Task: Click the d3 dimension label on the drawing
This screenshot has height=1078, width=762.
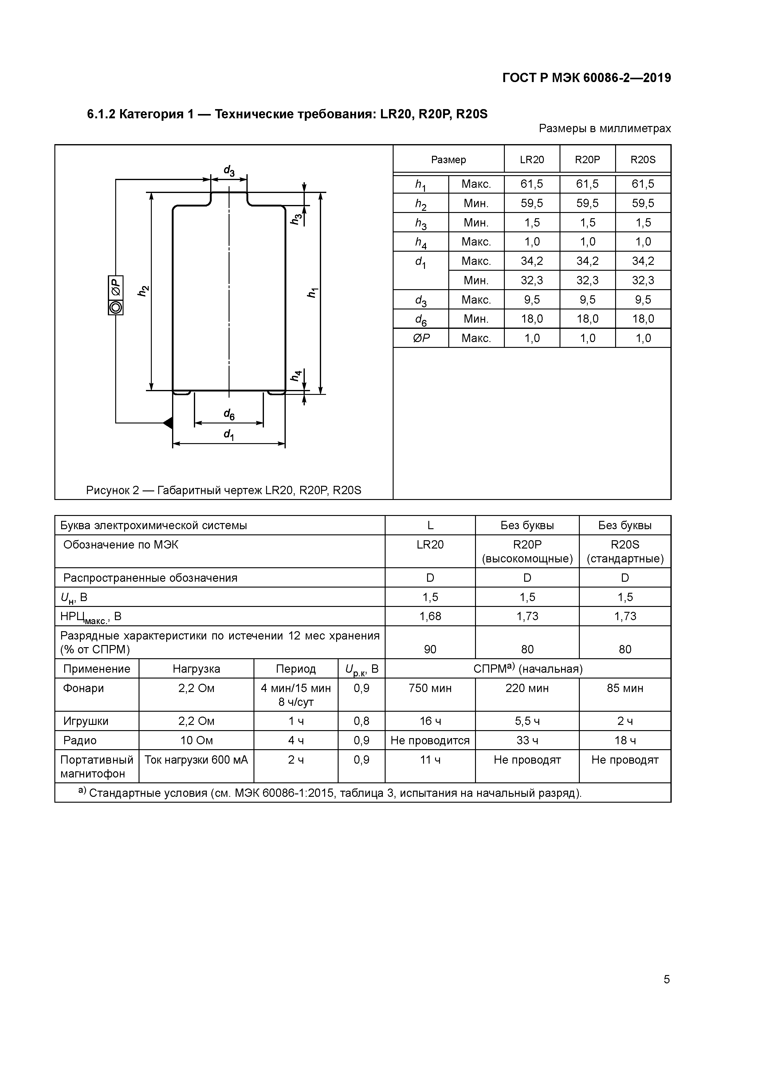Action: pyautogui.click(x=229, y=171)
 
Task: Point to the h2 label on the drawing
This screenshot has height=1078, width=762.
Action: pyautogui.click(x=143, y=291)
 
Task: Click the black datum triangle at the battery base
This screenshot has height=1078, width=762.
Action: pyautogui.click(x=168, y=423)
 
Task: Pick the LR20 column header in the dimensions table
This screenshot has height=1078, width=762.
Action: pyautogui.click(x=532, y=159)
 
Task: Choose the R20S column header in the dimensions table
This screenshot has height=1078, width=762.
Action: pyautogui.click(x=643, y=159)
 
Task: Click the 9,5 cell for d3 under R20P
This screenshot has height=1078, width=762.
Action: pyautogui.click(x=587, y=300)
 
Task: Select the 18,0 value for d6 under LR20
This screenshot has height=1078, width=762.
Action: pyautogui.click(x=532, y=319)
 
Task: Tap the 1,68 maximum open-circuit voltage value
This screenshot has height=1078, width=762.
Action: pyautogui.click(x=430, y=616)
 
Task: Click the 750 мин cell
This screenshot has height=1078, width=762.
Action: pyautogui.click(x=430, y=688)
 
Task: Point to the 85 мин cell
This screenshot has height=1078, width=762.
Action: pyautogui.click(x=625, y=688)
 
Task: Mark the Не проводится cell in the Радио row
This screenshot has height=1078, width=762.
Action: pyautogui.click(x=430, y=740)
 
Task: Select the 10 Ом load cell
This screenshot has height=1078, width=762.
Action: pyautogui.click(x=196, y=740)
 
